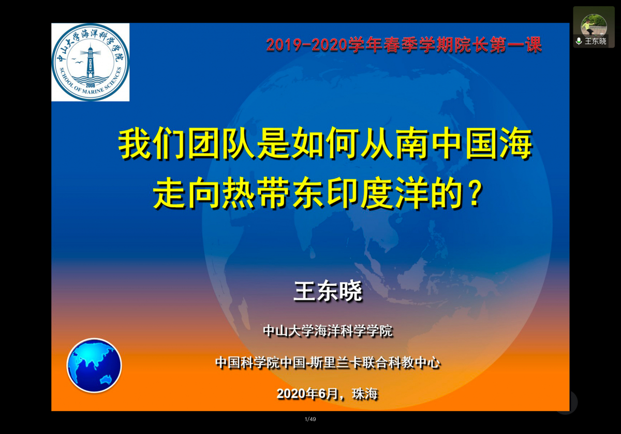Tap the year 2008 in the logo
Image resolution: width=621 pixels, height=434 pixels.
click(x=91, y=85)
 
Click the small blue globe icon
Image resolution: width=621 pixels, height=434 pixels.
click(x=94, y=365)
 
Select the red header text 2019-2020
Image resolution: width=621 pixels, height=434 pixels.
click(x=307, y=45)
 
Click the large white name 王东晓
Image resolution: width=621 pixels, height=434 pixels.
click(x=328, y=291)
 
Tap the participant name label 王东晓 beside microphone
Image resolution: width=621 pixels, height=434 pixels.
click(x=596, y=41)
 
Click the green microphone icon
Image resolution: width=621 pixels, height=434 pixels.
click(x=579, y=41)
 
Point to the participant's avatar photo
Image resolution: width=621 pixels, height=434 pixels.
click(x=594, y=25)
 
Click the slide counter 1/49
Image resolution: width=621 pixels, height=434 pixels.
click(x=310, y=419)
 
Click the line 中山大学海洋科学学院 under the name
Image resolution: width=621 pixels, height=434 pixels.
click(x=328, y=330)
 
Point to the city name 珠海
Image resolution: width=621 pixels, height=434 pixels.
click(x=365, y=394)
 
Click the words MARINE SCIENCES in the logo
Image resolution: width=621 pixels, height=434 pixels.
click(x=102, y=83)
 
